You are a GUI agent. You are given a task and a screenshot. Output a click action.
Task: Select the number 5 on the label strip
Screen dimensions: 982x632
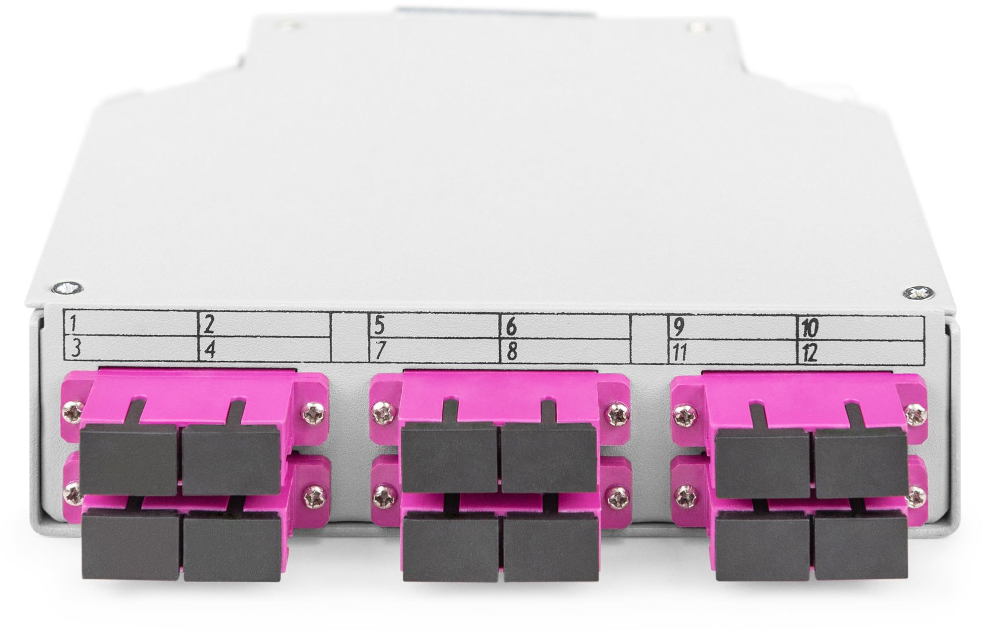(x=380, y=326)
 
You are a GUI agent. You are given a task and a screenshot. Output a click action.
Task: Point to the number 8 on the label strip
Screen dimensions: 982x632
(x=512, y=352)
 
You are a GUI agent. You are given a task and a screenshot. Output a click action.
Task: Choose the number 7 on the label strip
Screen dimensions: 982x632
(x=380, y=351)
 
